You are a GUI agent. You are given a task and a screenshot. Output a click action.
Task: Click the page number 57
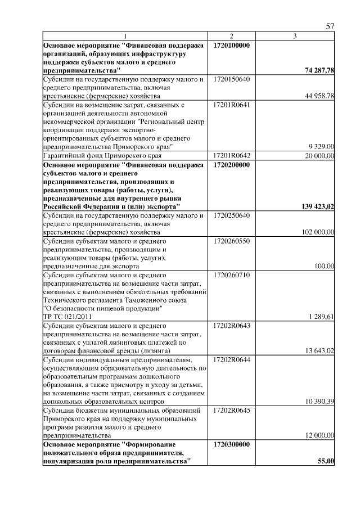click(x=330, y=26)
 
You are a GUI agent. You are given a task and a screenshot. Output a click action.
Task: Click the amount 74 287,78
click(x=319, y=71)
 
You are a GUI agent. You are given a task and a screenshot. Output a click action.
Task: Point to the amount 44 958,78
click(x=319, y=96)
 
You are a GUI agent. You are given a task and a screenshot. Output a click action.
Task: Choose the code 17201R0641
click(x=232, y=105)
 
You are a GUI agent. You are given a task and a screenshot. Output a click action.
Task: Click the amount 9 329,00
click(x=322, y=147)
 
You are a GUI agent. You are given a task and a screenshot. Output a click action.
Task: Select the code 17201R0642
click(x=232, y=155)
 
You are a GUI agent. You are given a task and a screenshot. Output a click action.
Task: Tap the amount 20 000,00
click(x=319, y=155)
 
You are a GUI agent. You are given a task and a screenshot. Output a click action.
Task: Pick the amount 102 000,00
click(x=318, y=232)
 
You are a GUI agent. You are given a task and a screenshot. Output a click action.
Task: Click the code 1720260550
click(x=232, y=240)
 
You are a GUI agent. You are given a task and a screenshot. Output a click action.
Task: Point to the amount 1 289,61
click(x=322, y=317)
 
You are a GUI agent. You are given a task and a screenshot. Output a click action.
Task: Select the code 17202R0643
click(x=232, y=325)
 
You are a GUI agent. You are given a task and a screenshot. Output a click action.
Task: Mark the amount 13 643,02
click(x=319, y=351)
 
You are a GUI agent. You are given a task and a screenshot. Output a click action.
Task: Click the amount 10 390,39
click(x=319, y=402)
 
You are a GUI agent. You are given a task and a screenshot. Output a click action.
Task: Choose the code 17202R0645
click(x=232, y=410)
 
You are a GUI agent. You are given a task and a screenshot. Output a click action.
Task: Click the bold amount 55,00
click(x=326, y=461)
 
